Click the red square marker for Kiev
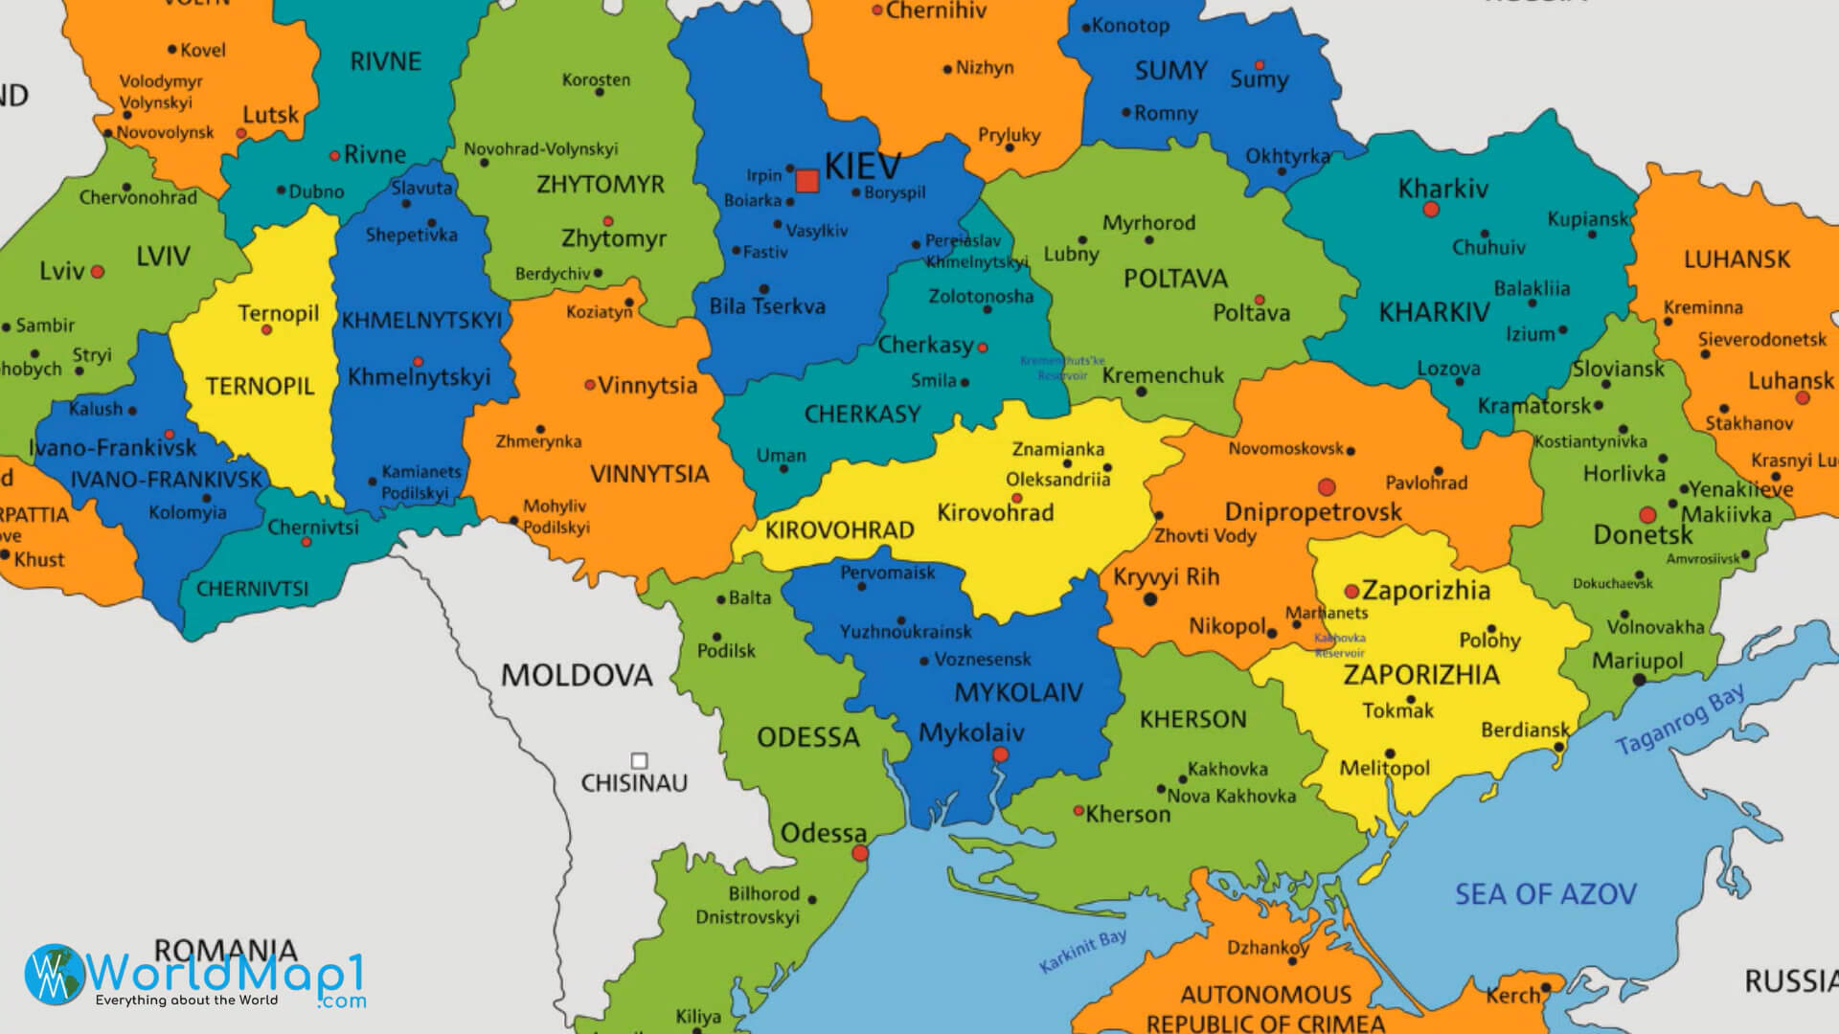pyautogui.click(x=807, y=181)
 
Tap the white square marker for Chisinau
pyautogui.click(x=639, y=761)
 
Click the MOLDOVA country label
pyautogui.click(x=577, y=676)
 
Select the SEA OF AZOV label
pyautogui.click(x=1545, y=894)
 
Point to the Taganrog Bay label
pyautogui.click(x=1679, y=720)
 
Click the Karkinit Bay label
pyautogui.click(x=1082, y=952)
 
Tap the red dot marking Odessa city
pyautogui.click(x=860, y=853)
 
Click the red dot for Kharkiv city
pyautogui.click(x=1431, y=210)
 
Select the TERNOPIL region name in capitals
pyautogui.click(x=260, y=387)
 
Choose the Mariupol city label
pyautogui.click(x=1637, y=661)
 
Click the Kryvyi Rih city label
pyautogui.click(x=1166, y=577)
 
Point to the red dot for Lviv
pyautogui.click(x=98, y=272)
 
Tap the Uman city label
pyautogui.click(x=781, y=456)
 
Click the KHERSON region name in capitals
pyautogui.click(x=1192, y=719)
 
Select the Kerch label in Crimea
pyautogui.click(x=1512, y=996)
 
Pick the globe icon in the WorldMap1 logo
pyautogui.click(x=55, y=975)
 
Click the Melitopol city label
pyautogui.click(x=1384, y=768)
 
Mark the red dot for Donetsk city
pyautogui.click(x=1647, y=515)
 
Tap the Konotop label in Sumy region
pyautogui.click(x=1130, y=26)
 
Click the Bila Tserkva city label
pyautogui.click(x=766, y=307)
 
